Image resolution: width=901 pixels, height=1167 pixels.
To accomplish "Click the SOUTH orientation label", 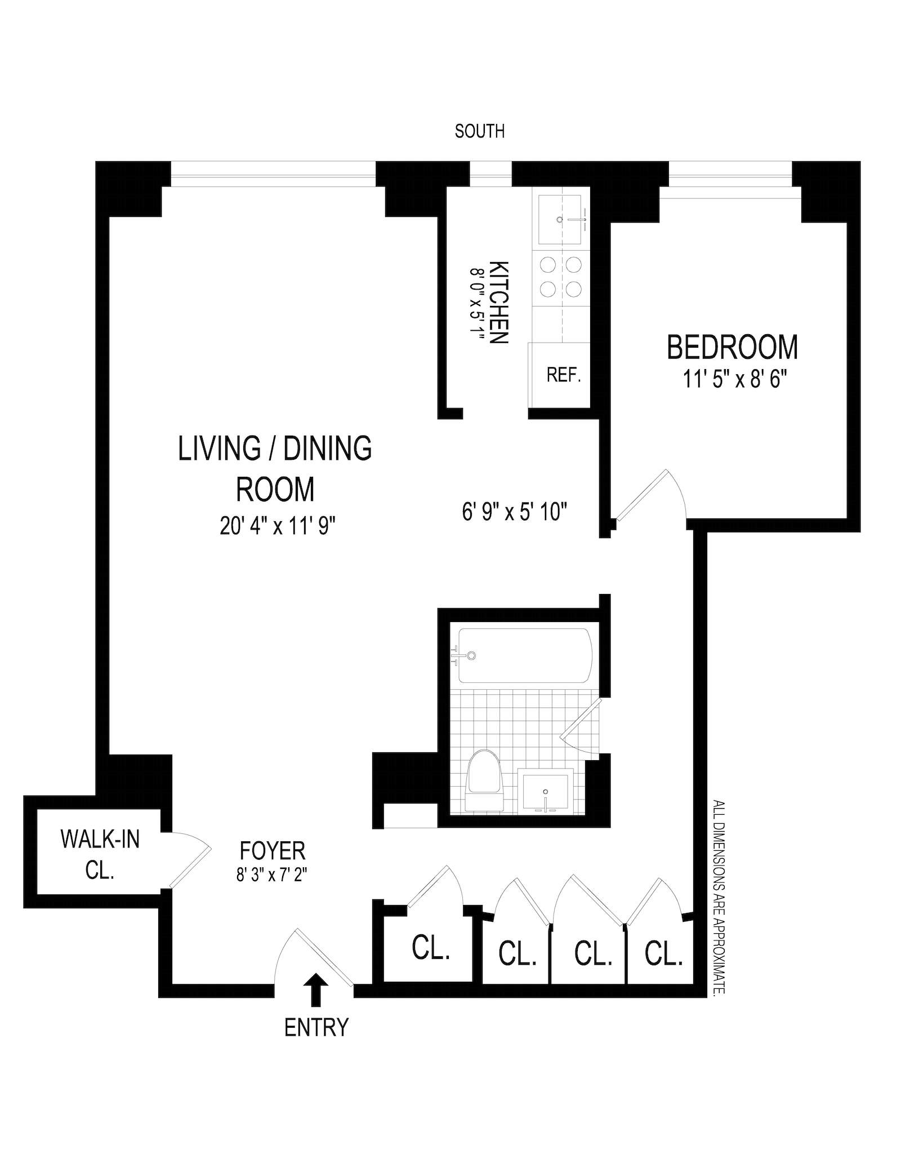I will [479, 131].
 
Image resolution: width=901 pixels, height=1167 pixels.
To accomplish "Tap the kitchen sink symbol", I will [560, 220].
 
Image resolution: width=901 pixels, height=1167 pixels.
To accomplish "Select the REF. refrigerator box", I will [563, 375].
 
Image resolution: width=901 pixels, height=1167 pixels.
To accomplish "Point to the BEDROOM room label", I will [732, 347].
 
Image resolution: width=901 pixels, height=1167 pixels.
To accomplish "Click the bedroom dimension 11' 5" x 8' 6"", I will [734, 379].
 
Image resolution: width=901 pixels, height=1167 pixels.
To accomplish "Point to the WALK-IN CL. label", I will [100, 854].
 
